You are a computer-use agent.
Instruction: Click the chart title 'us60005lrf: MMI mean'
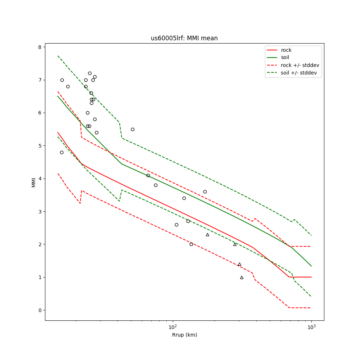[x=184, y=38]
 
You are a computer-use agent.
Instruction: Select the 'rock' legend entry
[x=286, y=50]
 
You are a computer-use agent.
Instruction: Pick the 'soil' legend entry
[x=285, y=58]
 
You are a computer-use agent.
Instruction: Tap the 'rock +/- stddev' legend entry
[x=300, y=65]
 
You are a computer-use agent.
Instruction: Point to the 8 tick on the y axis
[x=42, y=47]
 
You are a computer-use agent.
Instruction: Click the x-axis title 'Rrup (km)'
[x=184, y=335]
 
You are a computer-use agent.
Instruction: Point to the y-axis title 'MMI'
[x=34, y=182]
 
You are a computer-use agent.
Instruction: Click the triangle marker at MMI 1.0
[x=242, y=277]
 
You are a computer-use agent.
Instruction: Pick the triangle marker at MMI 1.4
[x=239, y=264]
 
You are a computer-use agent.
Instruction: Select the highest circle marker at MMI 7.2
[x=90, y=73]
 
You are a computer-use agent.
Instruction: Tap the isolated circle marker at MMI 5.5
[x=132, y=129]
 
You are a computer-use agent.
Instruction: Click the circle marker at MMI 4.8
[x=62, y=152]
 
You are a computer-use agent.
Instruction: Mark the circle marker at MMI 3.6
[x=205, y=192]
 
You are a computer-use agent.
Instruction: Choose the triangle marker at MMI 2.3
[x=207, y=235]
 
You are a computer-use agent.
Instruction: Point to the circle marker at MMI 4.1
[x=148, y=175]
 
